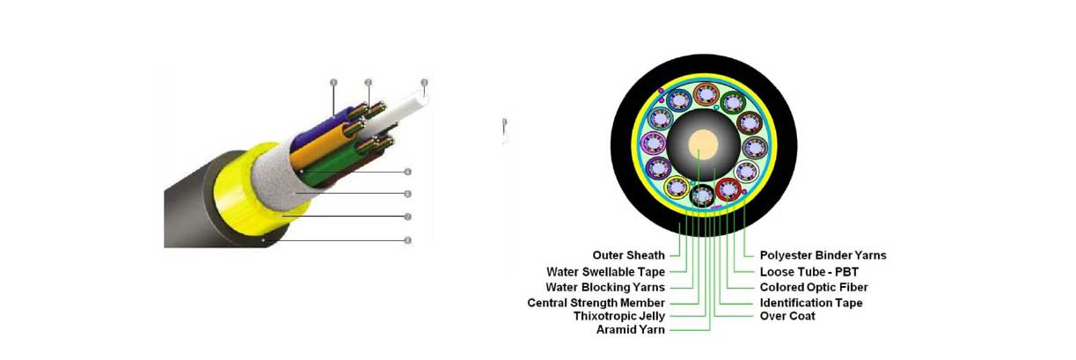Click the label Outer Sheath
pyautogui.click(x=628, y=255)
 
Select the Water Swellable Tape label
pyautogui.click(x=605, y=271)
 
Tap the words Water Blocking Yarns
pyautogui.click(x=605, y=287)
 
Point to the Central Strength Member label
pyautogui.click(x=596, y=302)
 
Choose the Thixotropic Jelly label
pyautogui.click(x=619, y=315)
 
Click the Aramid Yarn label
pyautogui.click(x=630, y=330)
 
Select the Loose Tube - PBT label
pyautogui.click(x=809, y=271)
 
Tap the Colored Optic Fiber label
pyautogui.click(x=814, y=287)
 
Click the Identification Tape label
pyautogui.click(x=810, y=302)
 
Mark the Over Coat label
pyautogui.click(x=787, y=315)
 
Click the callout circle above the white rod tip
pyautogui.click(x=424, y=84)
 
